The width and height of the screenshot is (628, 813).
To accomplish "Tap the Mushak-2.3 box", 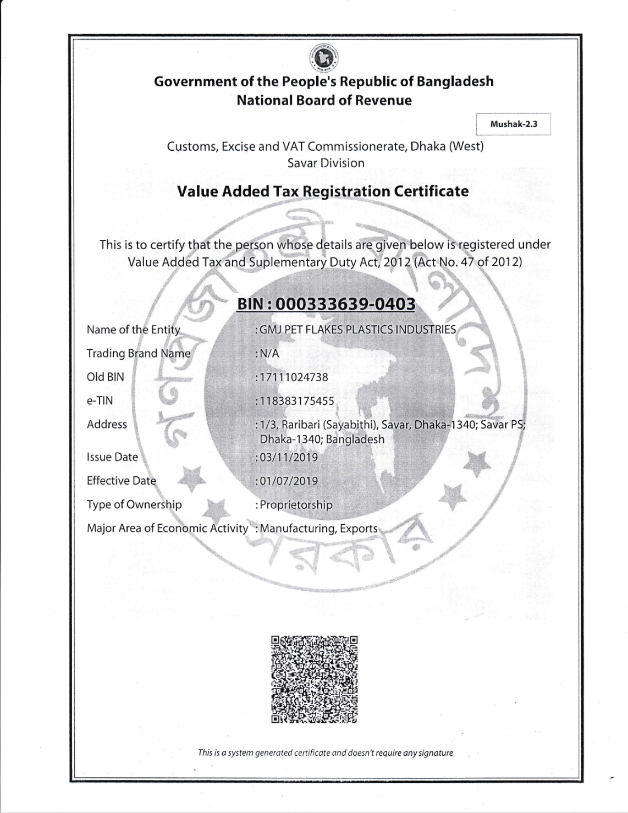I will point(513,124).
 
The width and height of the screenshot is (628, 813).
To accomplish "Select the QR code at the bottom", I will point(314,679).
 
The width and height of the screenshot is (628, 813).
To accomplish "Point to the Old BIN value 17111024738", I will point(294,377).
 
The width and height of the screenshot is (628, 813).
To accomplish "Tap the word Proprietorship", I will point(296,505).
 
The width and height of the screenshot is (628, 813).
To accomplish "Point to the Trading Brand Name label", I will point(139,354).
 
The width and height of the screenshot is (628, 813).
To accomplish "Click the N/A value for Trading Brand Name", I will point(269,354).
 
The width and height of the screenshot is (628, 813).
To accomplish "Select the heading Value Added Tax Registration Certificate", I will point(323,191).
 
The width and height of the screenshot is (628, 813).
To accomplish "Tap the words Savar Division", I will point(326,163).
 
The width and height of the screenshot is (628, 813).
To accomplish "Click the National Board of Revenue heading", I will point(324,100).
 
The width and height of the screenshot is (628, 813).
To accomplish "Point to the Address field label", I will point(107,425).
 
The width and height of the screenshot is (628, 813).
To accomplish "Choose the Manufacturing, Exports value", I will point(318,529).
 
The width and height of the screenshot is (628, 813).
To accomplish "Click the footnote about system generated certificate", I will point(326,752).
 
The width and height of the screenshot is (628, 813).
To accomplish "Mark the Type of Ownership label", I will point(134,505).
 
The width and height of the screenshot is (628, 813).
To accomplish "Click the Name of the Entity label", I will point(134,330).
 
